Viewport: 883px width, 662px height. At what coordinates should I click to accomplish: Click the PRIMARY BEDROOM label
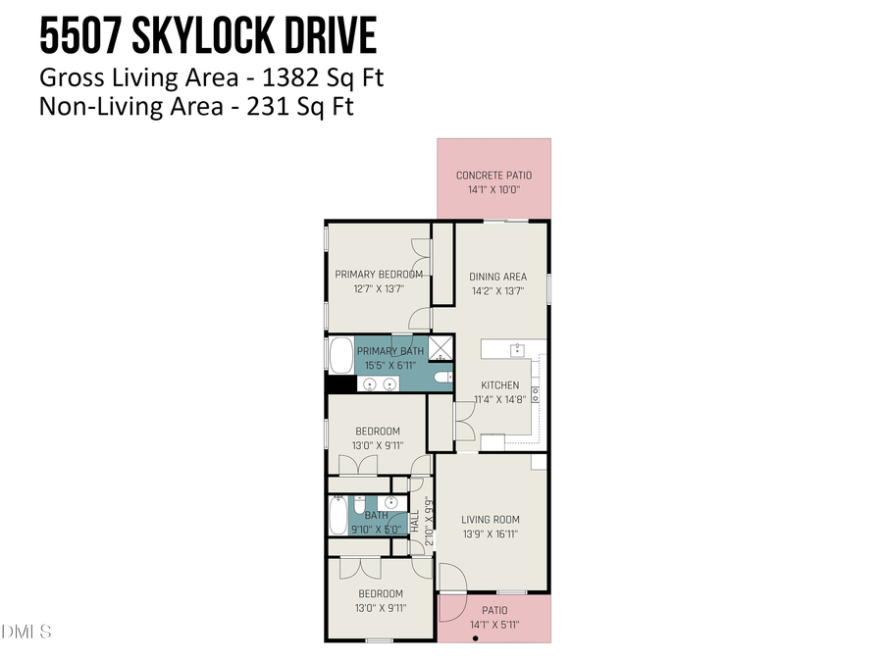point(379,275)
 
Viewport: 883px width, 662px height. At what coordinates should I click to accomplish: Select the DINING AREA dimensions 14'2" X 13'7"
point(497,291)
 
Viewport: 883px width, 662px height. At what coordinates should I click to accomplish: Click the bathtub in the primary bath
point(340,355)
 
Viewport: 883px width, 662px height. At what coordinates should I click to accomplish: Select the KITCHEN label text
point(499,385)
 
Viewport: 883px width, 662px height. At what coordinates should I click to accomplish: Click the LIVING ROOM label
point(491,520)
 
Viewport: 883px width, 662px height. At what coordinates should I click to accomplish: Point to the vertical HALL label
point(415,521)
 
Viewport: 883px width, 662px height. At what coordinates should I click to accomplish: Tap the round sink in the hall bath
point(390,503)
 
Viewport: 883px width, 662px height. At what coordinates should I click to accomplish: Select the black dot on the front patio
point(476,638)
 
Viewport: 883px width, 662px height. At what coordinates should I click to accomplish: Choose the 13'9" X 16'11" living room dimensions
point(491,535)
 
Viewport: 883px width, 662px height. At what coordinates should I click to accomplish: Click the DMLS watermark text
point(26,631)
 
